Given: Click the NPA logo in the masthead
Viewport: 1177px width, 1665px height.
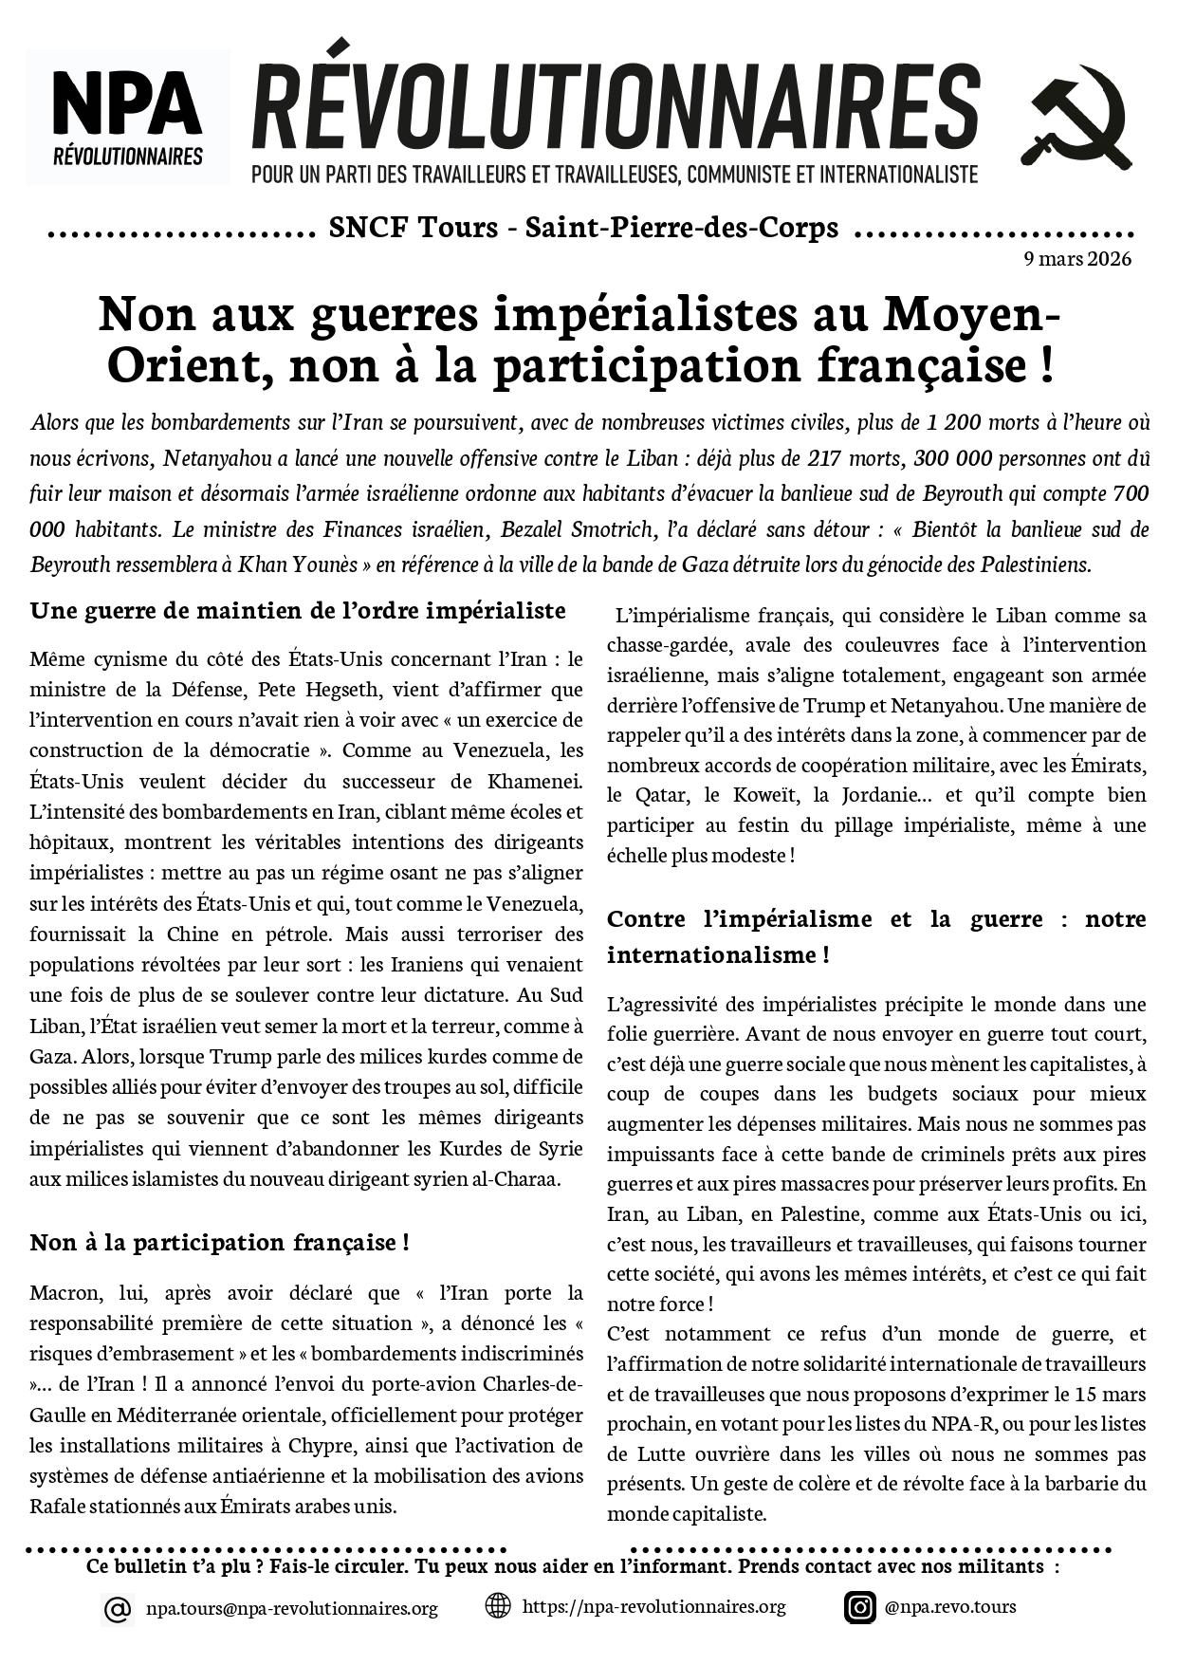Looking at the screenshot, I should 128,117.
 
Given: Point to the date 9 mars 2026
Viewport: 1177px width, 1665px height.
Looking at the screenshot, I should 1077,259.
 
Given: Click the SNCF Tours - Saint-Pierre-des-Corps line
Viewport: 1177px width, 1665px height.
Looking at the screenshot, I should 583,228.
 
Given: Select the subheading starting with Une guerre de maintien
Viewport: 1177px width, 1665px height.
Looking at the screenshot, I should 297,610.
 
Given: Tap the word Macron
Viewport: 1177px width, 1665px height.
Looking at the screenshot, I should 64,1292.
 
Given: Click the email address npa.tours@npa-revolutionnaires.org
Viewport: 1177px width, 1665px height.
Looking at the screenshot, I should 291,1608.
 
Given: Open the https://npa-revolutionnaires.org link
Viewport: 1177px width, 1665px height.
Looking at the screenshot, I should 653,1606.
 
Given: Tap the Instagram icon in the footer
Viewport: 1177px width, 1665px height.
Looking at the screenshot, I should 860,1607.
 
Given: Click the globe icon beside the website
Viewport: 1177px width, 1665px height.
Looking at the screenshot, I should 498,1606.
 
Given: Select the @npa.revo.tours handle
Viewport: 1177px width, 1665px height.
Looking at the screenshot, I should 949,1606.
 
